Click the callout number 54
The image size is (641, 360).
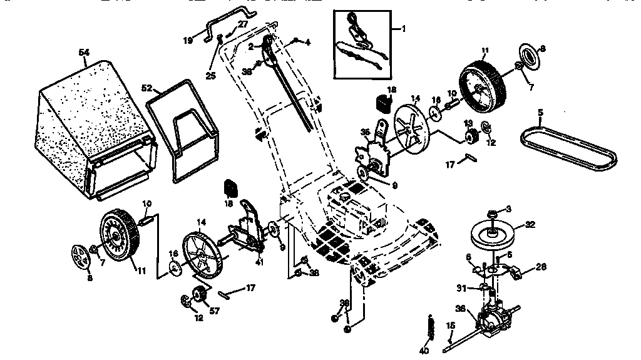click(84, 52)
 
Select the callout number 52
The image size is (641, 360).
click(147, 88)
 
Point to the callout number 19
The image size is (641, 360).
click(188, 40)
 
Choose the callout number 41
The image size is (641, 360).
click(259, 262)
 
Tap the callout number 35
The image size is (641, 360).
click(365, 131)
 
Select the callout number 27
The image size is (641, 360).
click(243, 23)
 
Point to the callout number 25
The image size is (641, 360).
click(210, 76)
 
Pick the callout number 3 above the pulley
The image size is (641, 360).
click(509, 208)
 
